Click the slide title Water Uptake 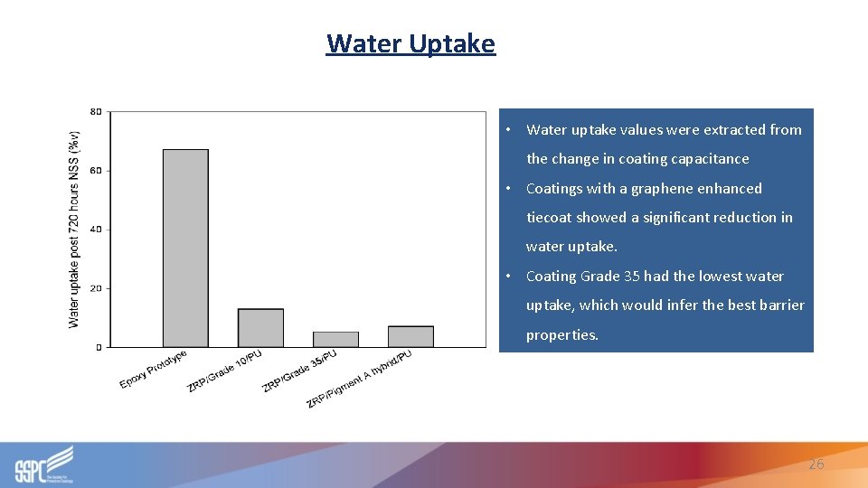tap(410, 43)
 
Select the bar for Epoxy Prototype tap(185, 249)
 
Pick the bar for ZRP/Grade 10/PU tap(260, 328)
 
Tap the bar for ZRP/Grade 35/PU tap(335, 339)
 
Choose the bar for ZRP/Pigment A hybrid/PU tap(410, 336)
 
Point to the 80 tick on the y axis tap(96, 112)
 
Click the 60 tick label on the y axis tap(96, 171)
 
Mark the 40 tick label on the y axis tap(96, 230)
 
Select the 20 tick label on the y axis tap(96, 288)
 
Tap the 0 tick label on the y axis tap(99, 347)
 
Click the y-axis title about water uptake tap(74, 230)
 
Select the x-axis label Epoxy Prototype tap(154, 370)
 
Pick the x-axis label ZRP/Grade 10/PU tap(225, 371)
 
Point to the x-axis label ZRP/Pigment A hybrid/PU tap(359, 378)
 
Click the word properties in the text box tap(562, 335)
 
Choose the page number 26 tap(816, 464)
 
